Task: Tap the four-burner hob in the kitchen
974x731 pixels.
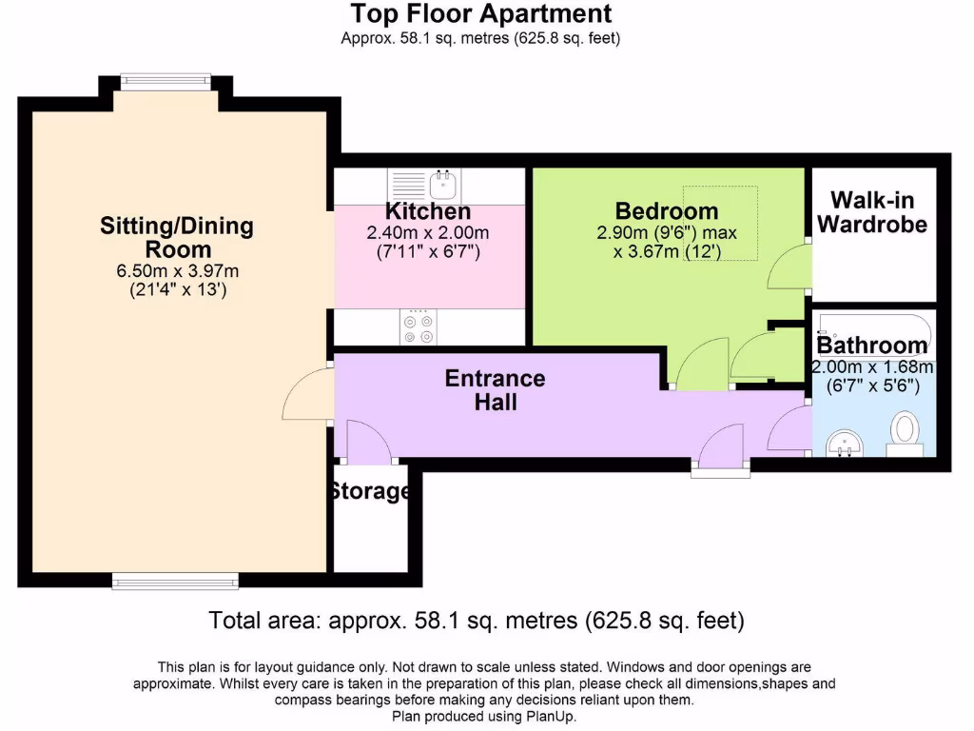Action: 419,326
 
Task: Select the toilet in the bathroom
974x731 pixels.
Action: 906,433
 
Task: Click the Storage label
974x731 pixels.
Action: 370,492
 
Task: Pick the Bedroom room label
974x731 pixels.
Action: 666,211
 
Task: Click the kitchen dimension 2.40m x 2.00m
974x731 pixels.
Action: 428,233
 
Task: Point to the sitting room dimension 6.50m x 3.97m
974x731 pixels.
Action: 177,271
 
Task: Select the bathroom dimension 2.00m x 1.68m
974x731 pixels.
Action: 872,367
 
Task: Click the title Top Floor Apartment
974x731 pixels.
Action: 480,14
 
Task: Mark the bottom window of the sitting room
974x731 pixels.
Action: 174,580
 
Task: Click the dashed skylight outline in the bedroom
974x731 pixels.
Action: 720,223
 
